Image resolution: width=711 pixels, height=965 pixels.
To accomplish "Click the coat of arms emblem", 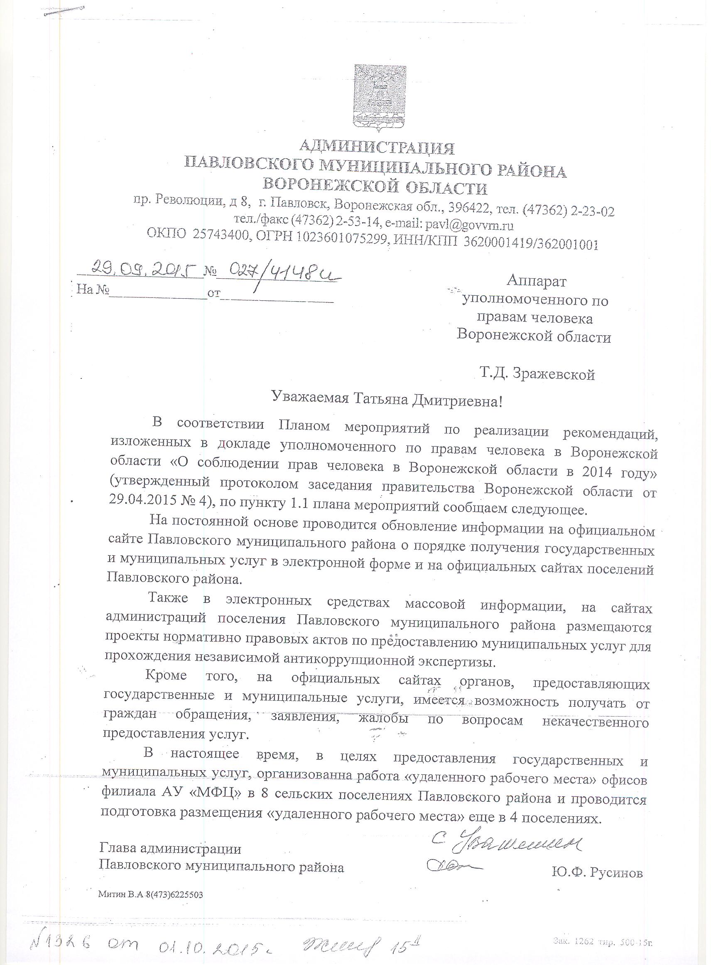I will click(x=378, y=97).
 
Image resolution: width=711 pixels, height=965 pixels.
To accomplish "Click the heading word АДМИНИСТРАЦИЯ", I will click(x=377, y=148).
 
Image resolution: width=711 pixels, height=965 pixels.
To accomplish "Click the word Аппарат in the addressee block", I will click(x=536, y=281).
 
